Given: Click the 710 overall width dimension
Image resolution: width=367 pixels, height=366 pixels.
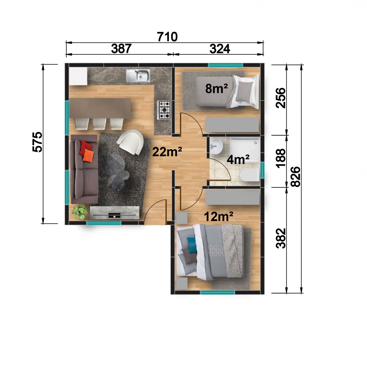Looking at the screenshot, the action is [x=167, y=37].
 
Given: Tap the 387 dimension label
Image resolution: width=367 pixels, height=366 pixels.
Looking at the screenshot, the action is [x=121, y=49].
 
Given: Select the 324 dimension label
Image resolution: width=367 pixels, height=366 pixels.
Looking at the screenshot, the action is [x=220, y=49].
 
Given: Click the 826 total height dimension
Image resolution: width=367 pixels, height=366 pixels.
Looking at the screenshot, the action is [x=296, y=176].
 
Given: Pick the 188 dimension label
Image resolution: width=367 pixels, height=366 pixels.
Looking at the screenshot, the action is [x=281, y=158].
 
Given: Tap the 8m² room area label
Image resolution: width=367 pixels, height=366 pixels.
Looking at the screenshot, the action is [x=217, y=89].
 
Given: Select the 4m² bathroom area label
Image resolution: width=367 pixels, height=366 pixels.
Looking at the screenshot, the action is [x=238, y=160].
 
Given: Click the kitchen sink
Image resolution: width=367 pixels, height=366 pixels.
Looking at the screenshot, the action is [x=138, y=76].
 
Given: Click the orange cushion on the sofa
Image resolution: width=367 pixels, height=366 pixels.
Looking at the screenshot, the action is [x=88, y=155].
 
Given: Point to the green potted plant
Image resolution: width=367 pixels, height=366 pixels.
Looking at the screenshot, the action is [x=79, y=212].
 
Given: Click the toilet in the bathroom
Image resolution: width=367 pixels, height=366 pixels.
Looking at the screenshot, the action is [x=250, y=175].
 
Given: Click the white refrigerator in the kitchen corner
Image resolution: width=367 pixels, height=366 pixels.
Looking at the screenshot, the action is [x=78, y=76].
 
